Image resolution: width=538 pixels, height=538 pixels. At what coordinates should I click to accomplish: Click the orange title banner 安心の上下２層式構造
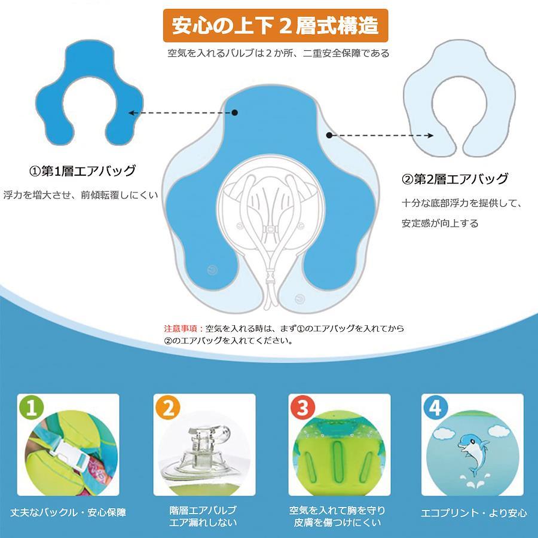pyautogui.click(x=276, y=25)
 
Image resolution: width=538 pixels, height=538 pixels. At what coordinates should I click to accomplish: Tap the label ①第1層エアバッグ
pyautogui.click(x=82, y=170)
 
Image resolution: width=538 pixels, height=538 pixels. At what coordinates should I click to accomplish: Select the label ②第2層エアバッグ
pyautogui.click(x=455, y=179)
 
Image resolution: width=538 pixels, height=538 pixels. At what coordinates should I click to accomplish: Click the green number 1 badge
pyautogui.click(x=32, y=407)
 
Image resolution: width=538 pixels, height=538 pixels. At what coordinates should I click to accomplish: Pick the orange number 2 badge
pyautogui.click(x=167, y=407)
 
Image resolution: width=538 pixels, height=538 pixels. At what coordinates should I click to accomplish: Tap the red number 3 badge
pyautogui.click(x=302, y=407)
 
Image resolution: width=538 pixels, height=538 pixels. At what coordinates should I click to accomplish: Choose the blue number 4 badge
pyautogui.click(x=435, y=407)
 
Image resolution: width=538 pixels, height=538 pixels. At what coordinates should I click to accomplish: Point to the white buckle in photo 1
pyautogui.click(x=71, y=456)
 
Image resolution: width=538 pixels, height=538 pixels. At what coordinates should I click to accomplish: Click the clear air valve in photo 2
pyautogui.click(x=203, y=453)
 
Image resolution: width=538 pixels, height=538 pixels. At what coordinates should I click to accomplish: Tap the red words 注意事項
pyautogui.click(x=181, y=328)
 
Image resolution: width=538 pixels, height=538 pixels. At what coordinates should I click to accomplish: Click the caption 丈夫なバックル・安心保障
pyautogui.click(x=68, y=513)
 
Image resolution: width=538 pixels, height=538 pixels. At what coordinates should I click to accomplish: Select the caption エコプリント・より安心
pyautogui.click(x=474, y=513)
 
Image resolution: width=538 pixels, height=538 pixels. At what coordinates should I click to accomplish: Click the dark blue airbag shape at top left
pyautogui.click(x=90, y=93)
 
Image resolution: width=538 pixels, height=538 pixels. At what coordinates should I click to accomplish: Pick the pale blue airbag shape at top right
pyautogui.click(x=460, y=98)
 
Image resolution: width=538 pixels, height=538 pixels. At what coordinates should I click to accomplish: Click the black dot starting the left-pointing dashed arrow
pyautogui.click(x=235, y=112)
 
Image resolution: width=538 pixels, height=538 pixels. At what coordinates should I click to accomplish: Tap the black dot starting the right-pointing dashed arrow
pyautogui.click(x=329, y=136)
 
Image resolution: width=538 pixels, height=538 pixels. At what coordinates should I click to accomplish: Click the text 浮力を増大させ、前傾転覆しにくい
pyautogui.click(x=81, y=195)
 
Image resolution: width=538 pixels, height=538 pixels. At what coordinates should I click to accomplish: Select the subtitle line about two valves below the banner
pyautogui.click(x=278, y=53)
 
